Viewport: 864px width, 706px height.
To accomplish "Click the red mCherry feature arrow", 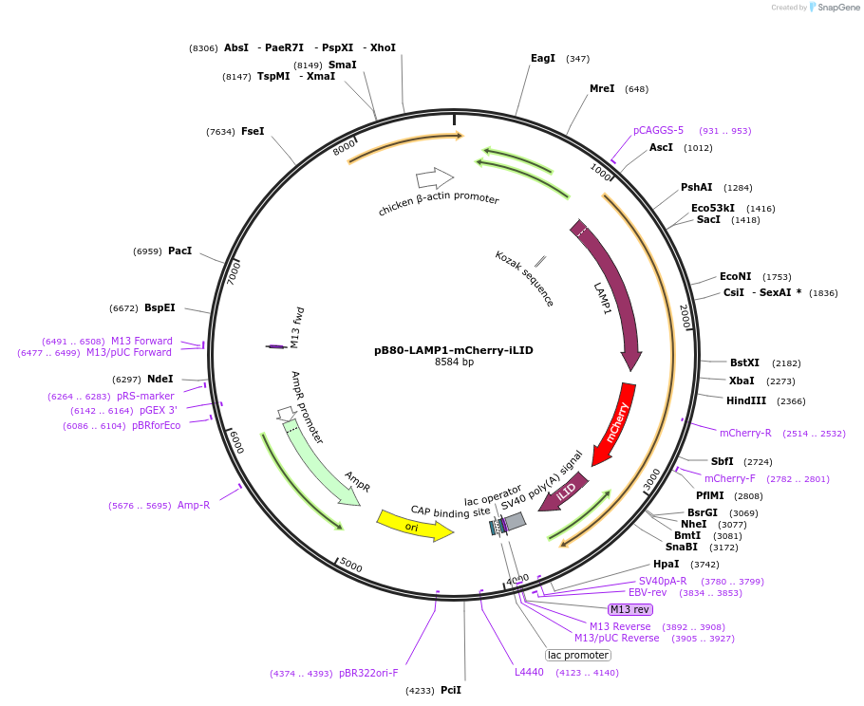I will click(615, 421).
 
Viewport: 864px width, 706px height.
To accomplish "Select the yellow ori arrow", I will click(414, 526).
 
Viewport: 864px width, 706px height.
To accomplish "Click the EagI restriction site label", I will click(543, 59).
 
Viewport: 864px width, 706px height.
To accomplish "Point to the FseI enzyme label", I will click(253, 132).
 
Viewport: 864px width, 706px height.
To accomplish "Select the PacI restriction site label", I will click(179, 251).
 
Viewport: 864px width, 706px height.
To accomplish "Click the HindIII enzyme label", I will click(746, 400).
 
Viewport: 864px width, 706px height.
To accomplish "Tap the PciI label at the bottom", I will click(451, 690).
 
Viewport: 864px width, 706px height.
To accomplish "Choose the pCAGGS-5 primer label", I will click(658, 131).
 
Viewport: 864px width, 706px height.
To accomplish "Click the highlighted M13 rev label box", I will click(630, 609).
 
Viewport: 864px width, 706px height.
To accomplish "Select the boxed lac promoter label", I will click(578, 655).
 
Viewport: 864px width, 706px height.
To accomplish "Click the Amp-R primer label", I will click(194, 505).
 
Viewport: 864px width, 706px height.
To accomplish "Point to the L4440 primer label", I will click(530, 672).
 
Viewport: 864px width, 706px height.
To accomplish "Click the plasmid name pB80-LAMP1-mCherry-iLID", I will click(454, 350).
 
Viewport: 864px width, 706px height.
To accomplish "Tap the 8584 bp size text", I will click(454, 362).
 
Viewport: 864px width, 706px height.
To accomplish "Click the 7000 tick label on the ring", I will click(234, 272).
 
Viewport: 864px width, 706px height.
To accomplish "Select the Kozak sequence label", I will click(524, 278).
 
